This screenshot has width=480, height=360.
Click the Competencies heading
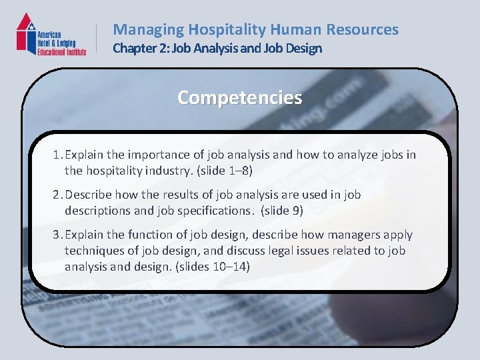click(x=239, y=97)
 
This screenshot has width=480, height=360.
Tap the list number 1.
click(x=57, y=155)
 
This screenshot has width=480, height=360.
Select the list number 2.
click(x=57, y=195)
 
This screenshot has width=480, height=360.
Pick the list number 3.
click(x=57, y=235)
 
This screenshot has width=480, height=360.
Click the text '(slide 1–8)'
click(x=221, y=171)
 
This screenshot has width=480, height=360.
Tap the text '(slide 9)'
click(x=279, y=211)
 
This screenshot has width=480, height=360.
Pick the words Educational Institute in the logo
click(x=61, y=51)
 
